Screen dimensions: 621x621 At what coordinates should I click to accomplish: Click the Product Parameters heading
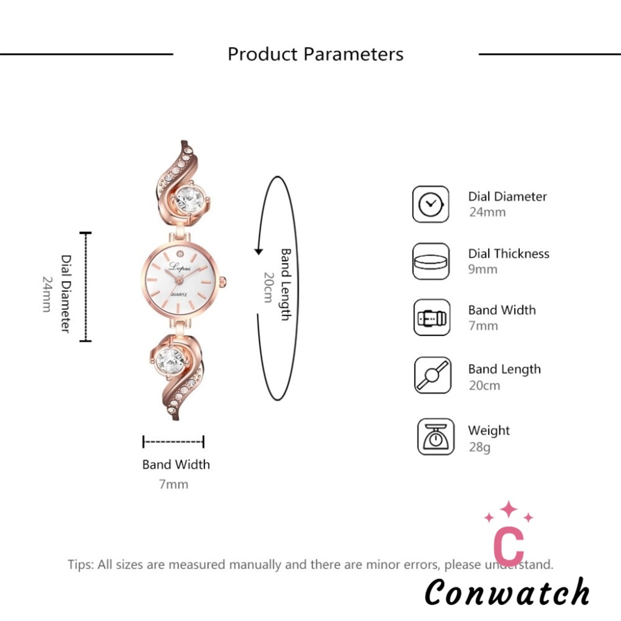(x=315, y=54)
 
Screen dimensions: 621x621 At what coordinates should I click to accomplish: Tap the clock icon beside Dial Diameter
(x=430, y=204)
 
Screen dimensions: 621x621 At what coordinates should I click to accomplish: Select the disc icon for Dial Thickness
(x=430, y=261)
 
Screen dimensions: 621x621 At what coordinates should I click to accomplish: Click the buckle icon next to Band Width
(x=432, y=317)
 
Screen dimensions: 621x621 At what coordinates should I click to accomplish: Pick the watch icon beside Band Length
(x=432, y=375)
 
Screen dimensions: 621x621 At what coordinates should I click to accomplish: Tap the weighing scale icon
(x=436, y=437)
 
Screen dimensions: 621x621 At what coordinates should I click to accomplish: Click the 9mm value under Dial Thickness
(x=482, y=269)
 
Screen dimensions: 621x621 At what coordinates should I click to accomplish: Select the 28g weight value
(x=479, y=447)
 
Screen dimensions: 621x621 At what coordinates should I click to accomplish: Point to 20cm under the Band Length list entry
(x=484, y=385)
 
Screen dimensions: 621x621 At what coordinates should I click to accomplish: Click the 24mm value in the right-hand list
(x=487, y=212)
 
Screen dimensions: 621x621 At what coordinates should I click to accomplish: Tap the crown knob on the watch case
(x=223, y=282)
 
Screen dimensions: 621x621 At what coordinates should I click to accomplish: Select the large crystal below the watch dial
(x=170, y=361)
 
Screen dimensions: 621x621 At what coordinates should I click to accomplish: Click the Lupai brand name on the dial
(x=180, y=266)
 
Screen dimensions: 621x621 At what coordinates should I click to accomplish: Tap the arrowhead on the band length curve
(x=259, y=251)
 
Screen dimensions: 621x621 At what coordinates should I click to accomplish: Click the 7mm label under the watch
(x=173, y=484)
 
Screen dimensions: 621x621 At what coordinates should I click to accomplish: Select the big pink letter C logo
(x=509, y=545)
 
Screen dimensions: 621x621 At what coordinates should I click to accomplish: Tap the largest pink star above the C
(x=508, y=509)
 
